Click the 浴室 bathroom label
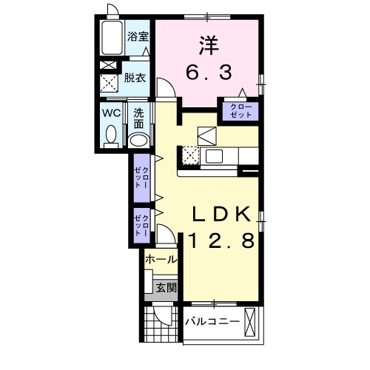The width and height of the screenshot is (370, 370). point(138,37)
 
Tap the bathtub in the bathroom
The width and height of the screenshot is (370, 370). point(112,38)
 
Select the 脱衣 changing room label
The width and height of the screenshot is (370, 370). point(135,78)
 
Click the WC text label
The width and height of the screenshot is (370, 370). point(112,113)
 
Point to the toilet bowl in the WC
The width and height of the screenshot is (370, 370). point(111,135)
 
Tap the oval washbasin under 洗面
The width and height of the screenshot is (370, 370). point(138,141)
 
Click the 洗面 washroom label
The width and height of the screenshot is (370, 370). point(138,119)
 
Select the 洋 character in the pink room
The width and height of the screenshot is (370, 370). point(209,46)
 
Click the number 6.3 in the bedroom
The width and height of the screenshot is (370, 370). point(209,73)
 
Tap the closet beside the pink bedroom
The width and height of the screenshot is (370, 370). point(240,111)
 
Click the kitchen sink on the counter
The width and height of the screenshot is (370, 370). point(214,156)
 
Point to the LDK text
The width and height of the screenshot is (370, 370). point(221,214)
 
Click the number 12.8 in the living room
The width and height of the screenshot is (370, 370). point(221,241)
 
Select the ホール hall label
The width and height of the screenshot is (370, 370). point(161,260)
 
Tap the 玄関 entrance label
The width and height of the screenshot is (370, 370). point(166,288)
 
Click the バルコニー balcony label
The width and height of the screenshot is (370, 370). point(212,322)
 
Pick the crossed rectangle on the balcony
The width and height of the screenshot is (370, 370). point(249,323)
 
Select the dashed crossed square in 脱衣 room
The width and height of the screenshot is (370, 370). point(109,82)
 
